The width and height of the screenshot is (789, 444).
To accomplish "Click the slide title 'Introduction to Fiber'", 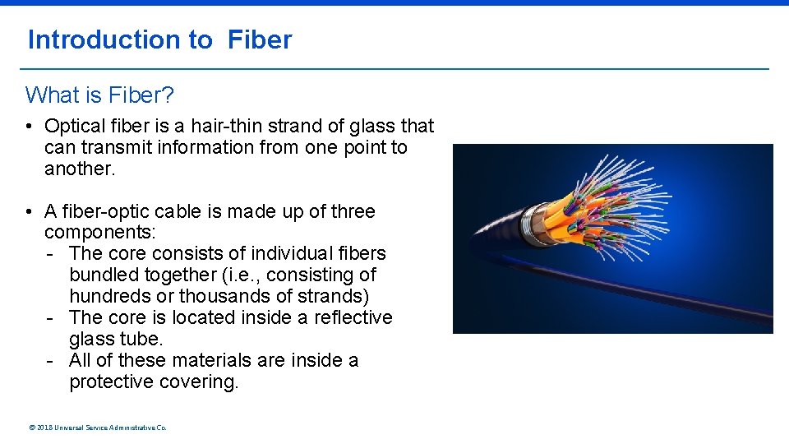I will click(159, 39).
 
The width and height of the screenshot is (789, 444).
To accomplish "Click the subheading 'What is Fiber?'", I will click(99, 95).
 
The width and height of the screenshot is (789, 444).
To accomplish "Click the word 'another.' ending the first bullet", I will click(81, 169).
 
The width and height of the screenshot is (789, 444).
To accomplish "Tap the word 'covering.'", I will click(200, 382).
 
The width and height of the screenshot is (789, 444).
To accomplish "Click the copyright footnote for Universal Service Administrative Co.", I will click(97, 428).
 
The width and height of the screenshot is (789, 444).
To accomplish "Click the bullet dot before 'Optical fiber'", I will click(29, 127).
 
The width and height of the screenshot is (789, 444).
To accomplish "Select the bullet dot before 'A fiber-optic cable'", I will click(29, 212).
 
